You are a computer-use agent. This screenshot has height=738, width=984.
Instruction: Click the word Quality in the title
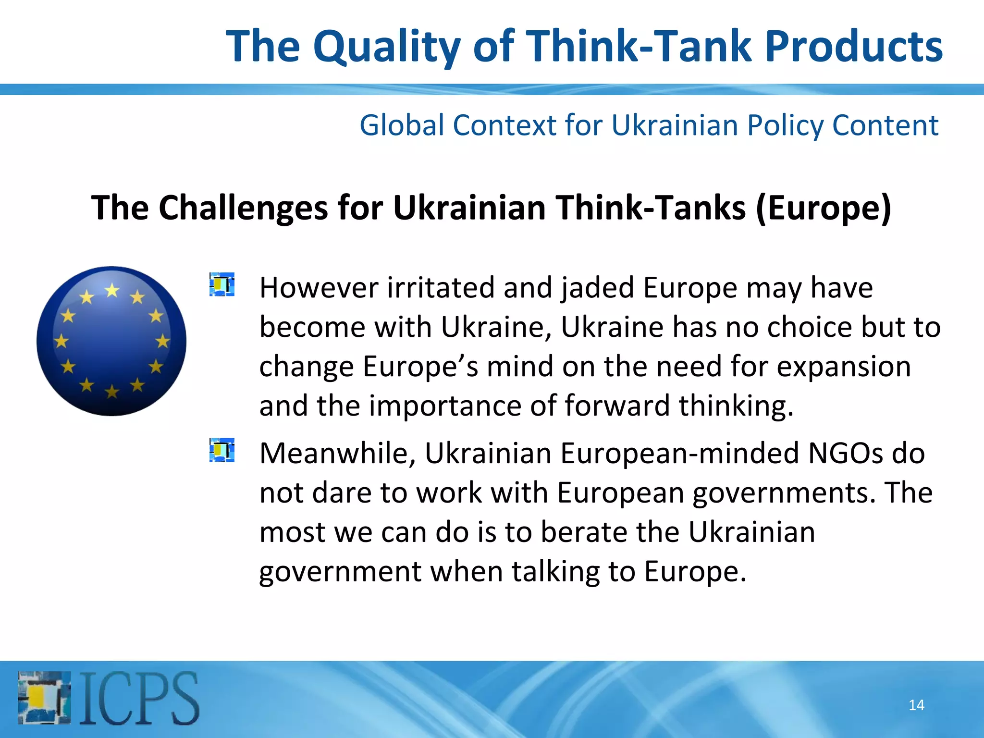pyautogui.click(x=387, y=47)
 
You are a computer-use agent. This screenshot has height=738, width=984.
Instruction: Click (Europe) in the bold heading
pyautogui.click(x=824, y=208)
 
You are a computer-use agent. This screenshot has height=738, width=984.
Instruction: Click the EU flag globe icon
pyautogui.click(x=111, y=341)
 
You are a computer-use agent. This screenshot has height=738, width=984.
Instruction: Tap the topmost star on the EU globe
pyautogui.click(x=112, y=290)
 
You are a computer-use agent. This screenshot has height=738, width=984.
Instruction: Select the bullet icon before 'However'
pyautogui.click(x=222, y=284)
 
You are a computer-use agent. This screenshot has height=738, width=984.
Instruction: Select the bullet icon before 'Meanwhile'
pyautogui.click(x=222, y=450)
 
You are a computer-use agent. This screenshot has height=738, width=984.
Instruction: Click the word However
pyautogui.click(x=319, y=288)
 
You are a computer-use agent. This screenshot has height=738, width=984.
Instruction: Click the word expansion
pyautogui.click(x=844, y=367)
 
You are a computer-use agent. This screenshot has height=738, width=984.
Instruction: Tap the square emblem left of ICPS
pyautogui.click(x=44, y=698)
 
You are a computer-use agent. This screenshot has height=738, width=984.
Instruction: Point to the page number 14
pyautogui.click(x=916, y=705)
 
